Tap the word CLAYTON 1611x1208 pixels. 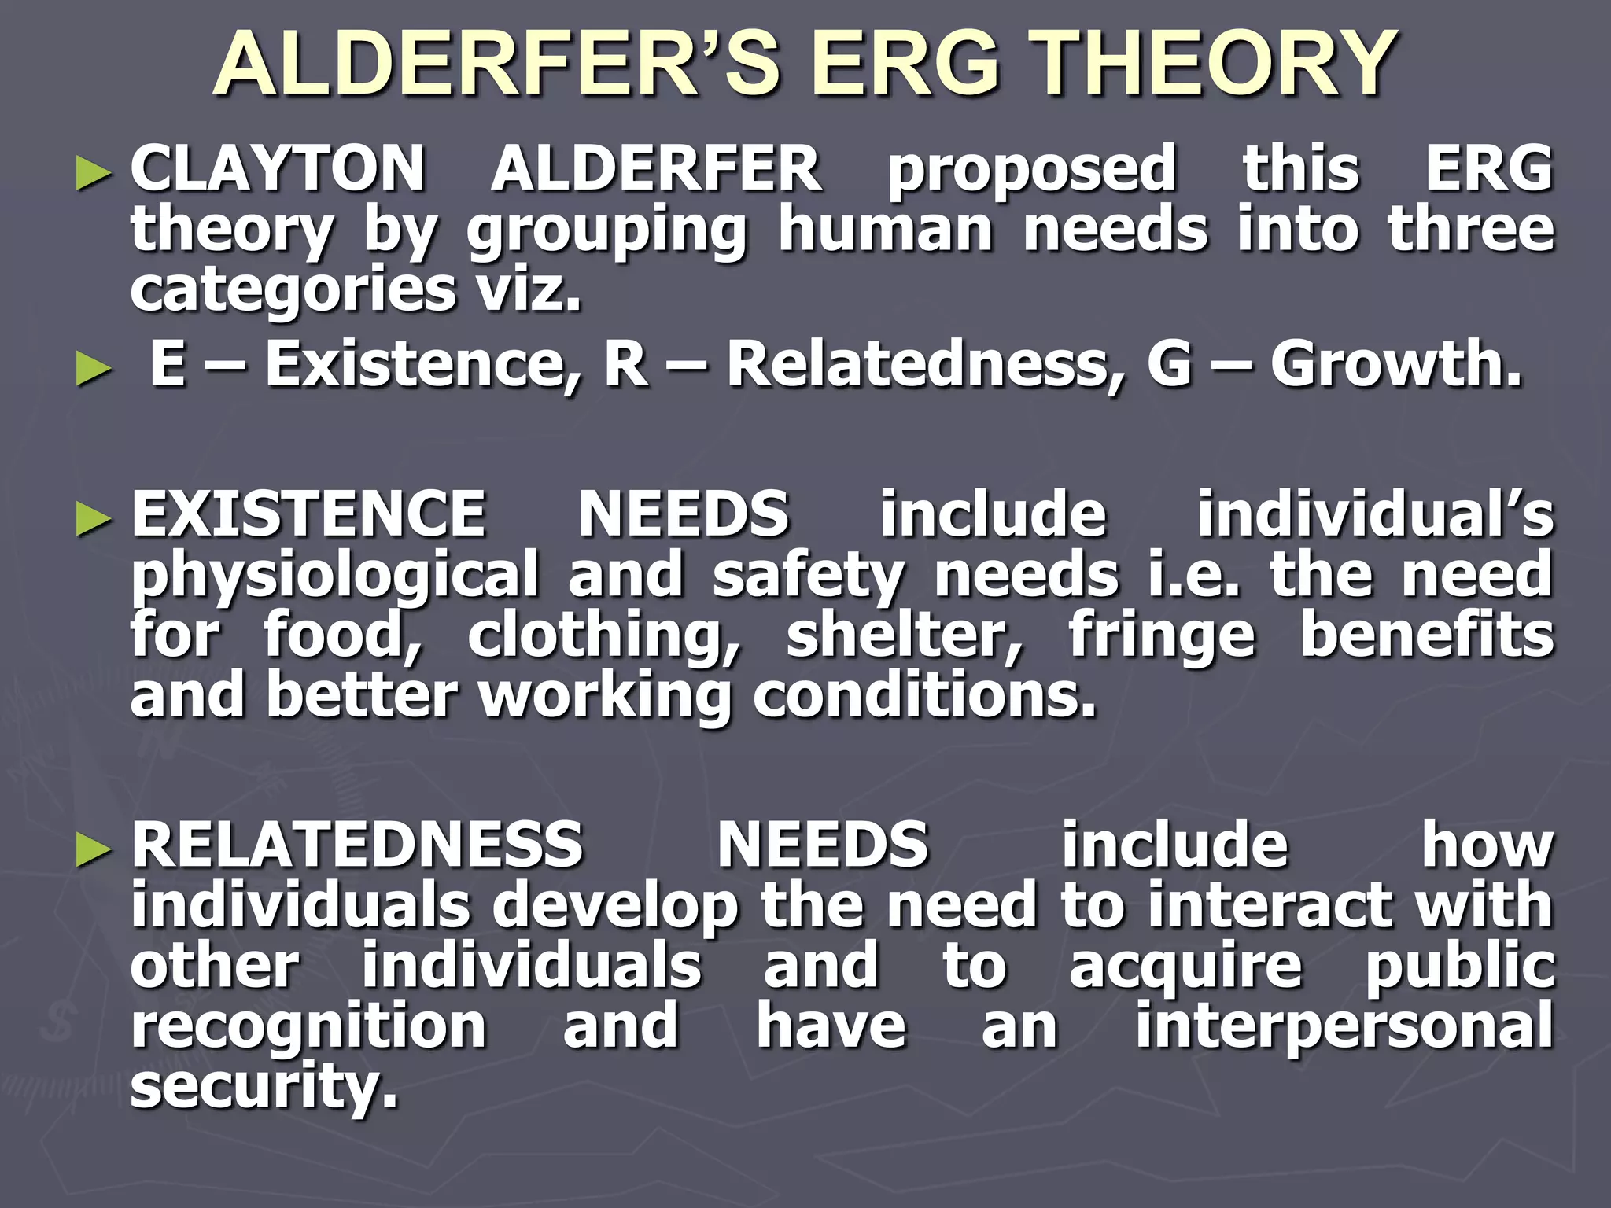point(278,168)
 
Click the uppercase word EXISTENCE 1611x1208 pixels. point(308,514)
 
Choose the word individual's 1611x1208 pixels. point(1375,514)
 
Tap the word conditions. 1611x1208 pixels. point(924,696)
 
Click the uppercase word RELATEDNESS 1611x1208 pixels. point(357,845)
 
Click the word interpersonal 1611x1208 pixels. point(1344,1027)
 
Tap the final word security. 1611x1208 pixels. point(264,1086)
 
